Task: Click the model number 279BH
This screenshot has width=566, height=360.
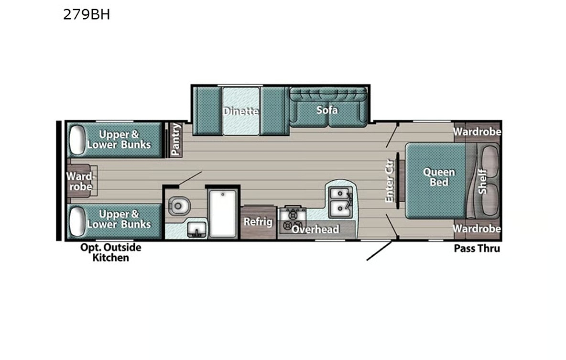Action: tap(87, 15)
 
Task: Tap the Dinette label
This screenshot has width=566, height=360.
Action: tap(241, 111)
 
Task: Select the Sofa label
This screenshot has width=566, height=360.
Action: tap(327, 110)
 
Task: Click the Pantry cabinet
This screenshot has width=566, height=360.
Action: tap(176, 140)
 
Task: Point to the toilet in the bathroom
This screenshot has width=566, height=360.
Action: tap(178, 206)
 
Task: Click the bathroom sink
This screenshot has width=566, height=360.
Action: tap(196, 230)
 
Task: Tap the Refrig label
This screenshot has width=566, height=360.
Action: tap(258, 222)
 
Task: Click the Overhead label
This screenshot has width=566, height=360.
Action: tap(316, 229)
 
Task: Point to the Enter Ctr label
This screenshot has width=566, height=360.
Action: tap(389, 179)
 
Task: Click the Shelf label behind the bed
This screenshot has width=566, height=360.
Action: tap(482, 181)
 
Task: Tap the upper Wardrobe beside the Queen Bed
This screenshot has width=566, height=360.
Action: tap(477, 131)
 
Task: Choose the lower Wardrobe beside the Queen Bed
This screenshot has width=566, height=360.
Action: tap(477, 229)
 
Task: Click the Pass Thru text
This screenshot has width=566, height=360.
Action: tap(477, 248)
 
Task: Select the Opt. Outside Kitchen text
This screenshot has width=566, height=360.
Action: tap(110, 252)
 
